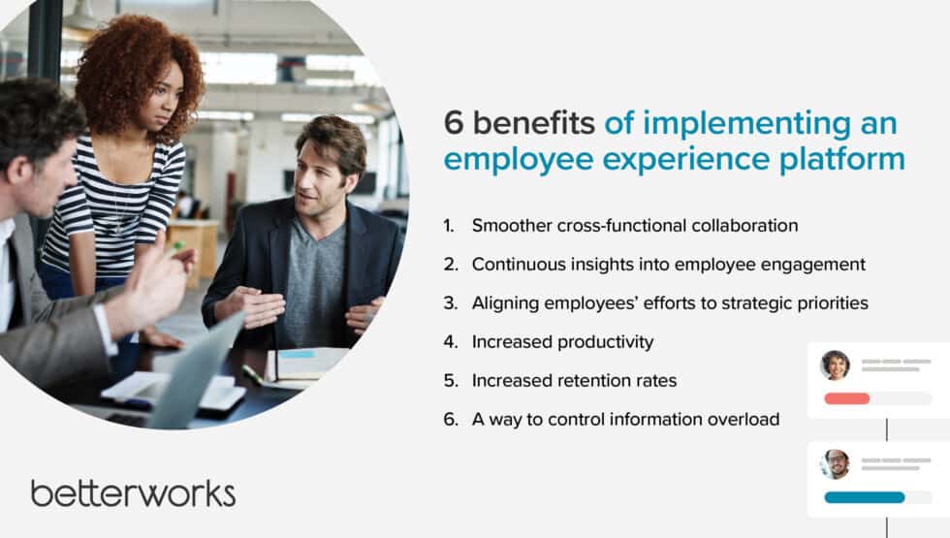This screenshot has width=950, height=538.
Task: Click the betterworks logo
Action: click(x=133, y=492)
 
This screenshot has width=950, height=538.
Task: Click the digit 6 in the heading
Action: click(x=453, y=124)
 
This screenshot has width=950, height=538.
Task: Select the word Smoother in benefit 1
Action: click(x=511, y=226)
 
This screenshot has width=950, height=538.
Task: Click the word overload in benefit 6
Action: click(x=743, y=420)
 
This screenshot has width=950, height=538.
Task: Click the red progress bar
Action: click(x=846, y=398)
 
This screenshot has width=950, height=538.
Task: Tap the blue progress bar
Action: click(x=864, y=497)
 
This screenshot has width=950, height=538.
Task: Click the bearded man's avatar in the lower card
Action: click(x=835, y=464)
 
